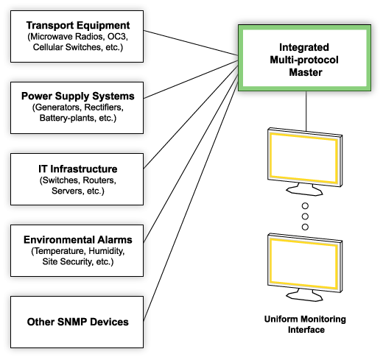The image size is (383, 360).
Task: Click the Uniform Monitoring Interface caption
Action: (x=305, y=325)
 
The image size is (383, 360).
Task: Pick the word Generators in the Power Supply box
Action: (x=54, y=108)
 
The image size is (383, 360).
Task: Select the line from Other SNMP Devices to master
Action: (x=191, y=199)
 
